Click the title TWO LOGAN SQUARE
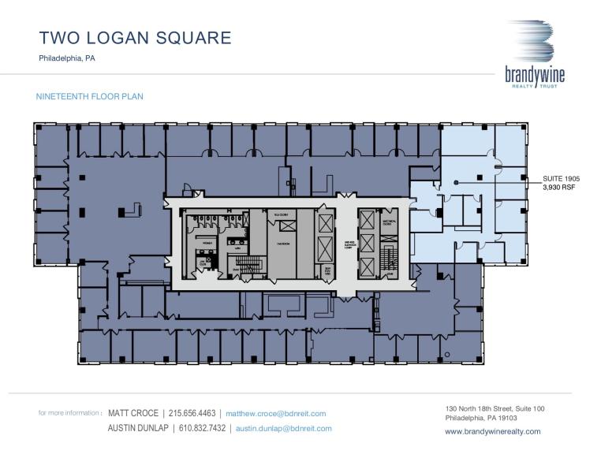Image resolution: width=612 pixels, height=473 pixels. pos(135,37)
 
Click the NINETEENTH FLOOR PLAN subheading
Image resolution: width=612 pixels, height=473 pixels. pos(90,96)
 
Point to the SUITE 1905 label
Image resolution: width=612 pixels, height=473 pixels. pos(561,179)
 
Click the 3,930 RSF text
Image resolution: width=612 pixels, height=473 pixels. pos(558,188)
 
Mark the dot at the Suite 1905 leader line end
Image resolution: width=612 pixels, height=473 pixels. pos(456,183)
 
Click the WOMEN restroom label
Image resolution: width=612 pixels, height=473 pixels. pos(207,243)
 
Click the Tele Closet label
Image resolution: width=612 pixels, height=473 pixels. pos(279,214)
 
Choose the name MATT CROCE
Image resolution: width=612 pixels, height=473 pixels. pos(133,413)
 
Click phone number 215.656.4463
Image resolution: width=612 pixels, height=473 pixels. pos(194,413)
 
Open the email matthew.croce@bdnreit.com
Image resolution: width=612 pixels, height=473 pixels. pos(275,413)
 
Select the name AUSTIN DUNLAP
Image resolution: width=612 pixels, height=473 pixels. pos(139,428)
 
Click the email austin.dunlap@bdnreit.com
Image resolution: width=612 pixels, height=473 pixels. pos(283,428)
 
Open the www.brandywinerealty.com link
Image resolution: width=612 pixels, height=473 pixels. pos(492,431)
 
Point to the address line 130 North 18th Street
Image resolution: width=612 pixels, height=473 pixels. pos(494,408)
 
